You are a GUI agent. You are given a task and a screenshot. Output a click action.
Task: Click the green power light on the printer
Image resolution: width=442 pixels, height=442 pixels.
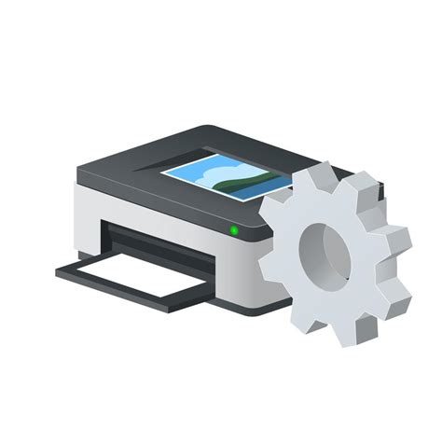point(234,229)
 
